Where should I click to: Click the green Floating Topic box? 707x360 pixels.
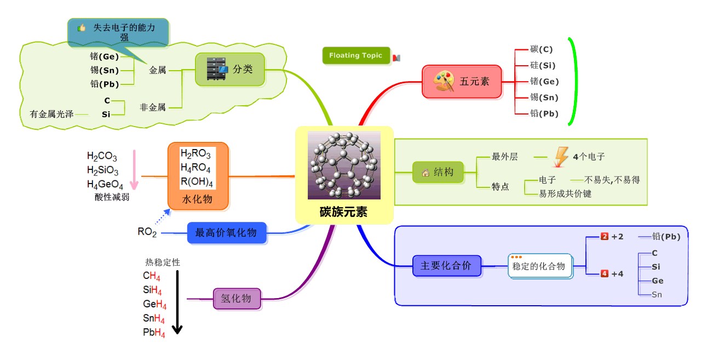(x=357, y=55)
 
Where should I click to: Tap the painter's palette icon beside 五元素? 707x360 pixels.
(x=443, y=82)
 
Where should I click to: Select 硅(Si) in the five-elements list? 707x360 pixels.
(x=543, y=65)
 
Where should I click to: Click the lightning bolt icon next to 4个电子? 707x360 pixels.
(x=561, y=157)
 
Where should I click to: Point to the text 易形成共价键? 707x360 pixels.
(x=565, y=193)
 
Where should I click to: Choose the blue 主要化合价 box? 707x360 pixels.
(x=446, y=266)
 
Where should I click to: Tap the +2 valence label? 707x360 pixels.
(x=617, y=237)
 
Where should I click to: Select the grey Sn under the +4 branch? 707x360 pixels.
(x=657, y=295)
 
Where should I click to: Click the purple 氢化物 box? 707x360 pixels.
(x=237, y=299)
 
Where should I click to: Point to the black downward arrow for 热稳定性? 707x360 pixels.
(x=177, y=301)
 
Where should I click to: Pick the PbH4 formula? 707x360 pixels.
(x=154, y=333)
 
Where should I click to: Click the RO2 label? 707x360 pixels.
(x=147, y=232)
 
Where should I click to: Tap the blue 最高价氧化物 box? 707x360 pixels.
(x=226, y=233)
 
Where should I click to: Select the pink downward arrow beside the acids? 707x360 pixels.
(x=133, y=169)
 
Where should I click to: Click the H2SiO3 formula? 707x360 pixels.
(x=102, y=170)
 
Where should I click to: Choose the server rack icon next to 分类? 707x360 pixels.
(x=216, y=70)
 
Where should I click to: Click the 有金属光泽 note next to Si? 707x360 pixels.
(x=51, y=114)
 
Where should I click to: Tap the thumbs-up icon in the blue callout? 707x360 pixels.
(x=82, y=27)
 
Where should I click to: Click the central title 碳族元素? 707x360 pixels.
(x=344, y=212)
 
